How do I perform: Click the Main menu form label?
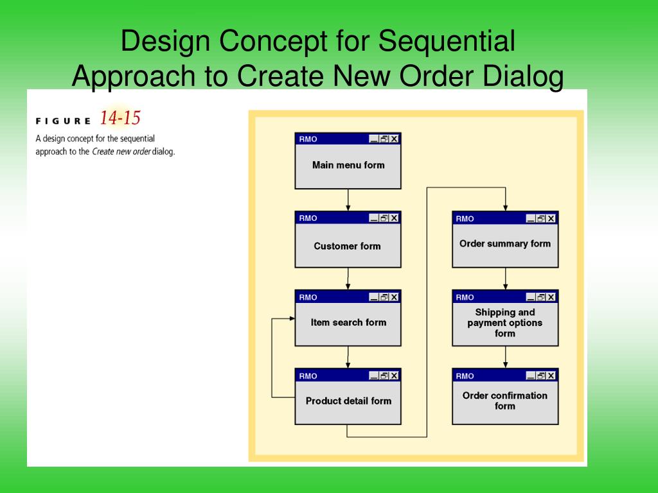(348, 165)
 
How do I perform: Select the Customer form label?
(347, 246)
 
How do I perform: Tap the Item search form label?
(348, 322)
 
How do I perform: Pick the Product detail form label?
(348, 401)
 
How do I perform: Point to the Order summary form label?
(505, 244)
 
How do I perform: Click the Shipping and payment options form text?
(505, 323)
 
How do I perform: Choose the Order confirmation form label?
(505, 401)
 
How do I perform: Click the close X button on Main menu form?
(394, 139)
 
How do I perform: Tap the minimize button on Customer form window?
(373, 218)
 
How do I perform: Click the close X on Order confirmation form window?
(551, 376)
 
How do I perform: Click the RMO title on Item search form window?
(308, 297)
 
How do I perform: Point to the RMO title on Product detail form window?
(308, 376)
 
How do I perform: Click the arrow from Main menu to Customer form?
(348, 200)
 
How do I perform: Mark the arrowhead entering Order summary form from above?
(505, 207)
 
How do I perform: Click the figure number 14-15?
(120, 119)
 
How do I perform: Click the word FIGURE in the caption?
(63, 121)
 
